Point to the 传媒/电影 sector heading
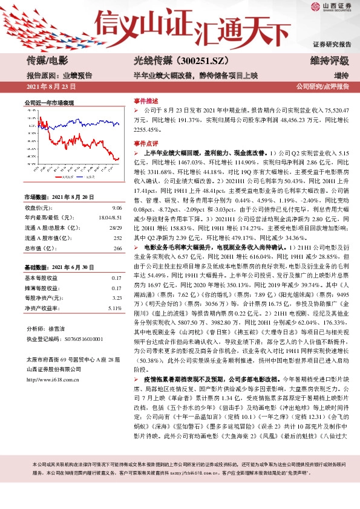pos(47,60)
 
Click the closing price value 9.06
pos(117,207)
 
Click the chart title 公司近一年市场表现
pos(48,103)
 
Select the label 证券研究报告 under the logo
pos(332,45)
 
